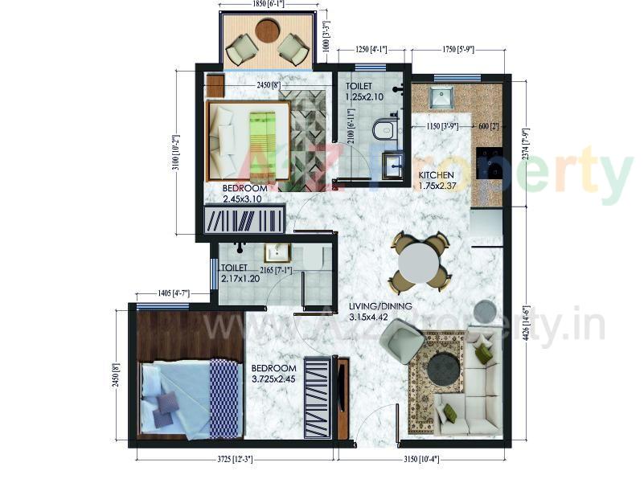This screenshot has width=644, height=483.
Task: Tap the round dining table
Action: [418, 260]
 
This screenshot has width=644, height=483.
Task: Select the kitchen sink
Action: [440, 99]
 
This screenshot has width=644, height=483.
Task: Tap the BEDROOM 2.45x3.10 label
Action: [242, 192]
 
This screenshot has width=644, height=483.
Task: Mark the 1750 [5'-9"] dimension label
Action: [457, 50]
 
